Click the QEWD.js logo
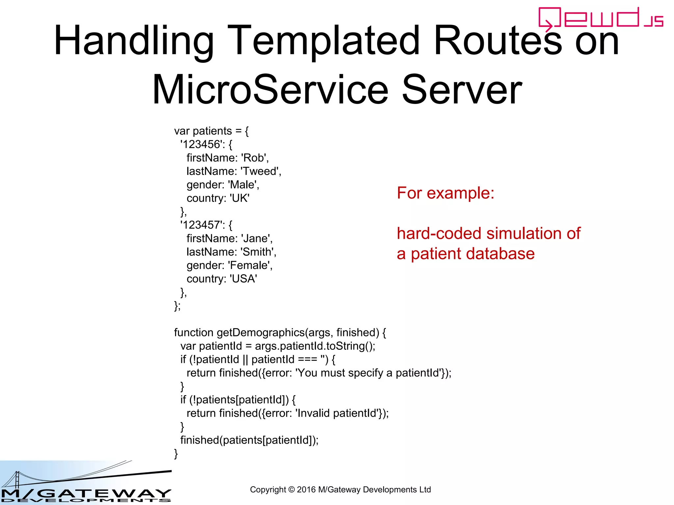(600, 18)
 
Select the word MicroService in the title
(270, 90)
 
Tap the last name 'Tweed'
(260, 171)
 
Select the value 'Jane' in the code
(255, 238)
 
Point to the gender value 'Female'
(249, 265)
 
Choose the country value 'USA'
(243, 279)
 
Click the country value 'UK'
(239, 198)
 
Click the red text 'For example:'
(445, 193)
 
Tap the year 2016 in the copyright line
(306, 490)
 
